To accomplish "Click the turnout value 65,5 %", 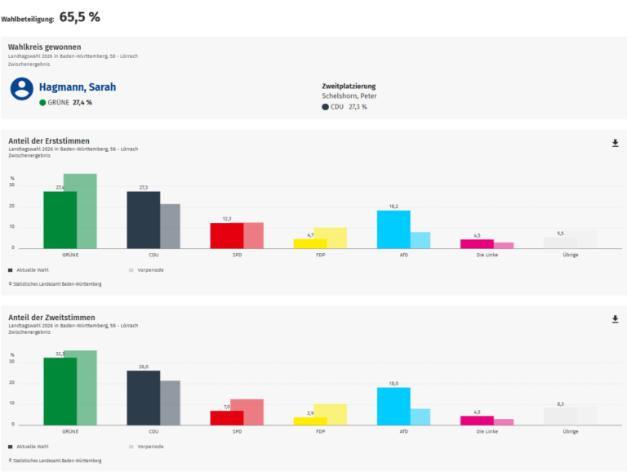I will click(x=80, y=16).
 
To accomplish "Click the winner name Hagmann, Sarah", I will click(x=78, y=87).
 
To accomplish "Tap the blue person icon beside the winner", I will click(x=22, y=89).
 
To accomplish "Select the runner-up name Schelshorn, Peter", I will click(x=349, y=96).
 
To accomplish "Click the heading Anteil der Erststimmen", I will click(x=49, y=140).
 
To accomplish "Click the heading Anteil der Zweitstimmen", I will click(x=51, y=317).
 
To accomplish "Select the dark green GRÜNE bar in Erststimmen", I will click(x=60, y=220).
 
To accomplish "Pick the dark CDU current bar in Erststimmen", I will click(x=143, y=220).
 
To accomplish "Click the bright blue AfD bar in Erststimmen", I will click(x=394, y=229).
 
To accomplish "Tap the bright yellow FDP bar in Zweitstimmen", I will click(x=310, y=421).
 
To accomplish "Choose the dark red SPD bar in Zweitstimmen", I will click(x=227, y=417).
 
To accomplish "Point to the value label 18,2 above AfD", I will click(x=394, y=207).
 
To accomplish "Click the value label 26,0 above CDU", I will click(x=144, y=367).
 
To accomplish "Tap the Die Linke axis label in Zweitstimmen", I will click(x=487, y=430).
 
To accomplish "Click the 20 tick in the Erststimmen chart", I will click(x=12, y=206).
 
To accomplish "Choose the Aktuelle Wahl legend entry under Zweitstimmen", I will click(x=31, y=447).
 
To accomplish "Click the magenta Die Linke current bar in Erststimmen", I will click(x=477, y=243).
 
